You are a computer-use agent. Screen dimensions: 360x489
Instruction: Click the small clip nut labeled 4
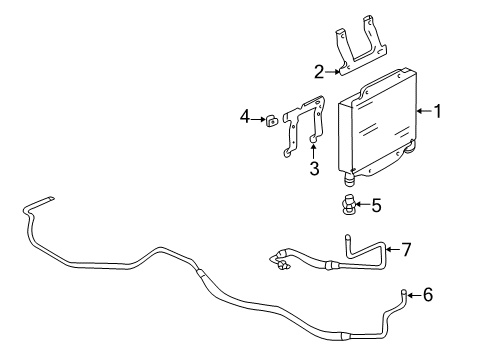pos(270,121)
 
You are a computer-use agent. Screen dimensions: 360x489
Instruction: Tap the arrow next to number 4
pos(258,120)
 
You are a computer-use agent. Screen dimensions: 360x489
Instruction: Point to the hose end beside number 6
pos(406,293)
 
